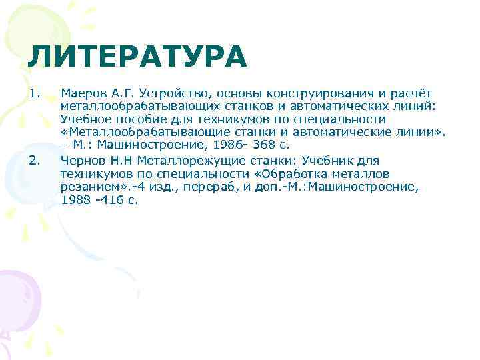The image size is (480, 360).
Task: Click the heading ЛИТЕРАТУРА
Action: [137, 56]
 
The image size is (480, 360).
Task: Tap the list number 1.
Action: [35, 93]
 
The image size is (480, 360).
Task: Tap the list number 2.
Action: [35, 160]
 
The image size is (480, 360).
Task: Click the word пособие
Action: [139, 119]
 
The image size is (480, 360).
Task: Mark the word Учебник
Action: [330, 160]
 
